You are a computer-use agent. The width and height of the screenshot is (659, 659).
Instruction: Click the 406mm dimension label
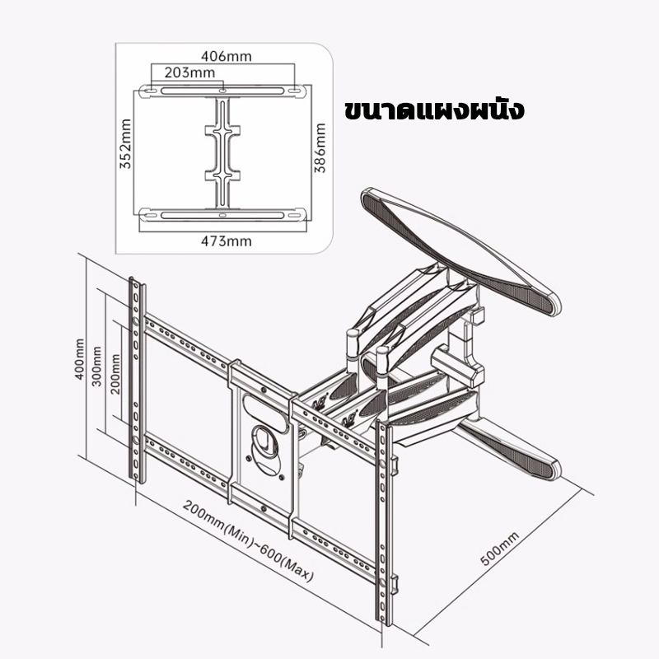(226, 56)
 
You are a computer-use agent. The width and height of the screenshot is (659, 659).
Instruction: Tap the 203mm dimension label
(189, 72)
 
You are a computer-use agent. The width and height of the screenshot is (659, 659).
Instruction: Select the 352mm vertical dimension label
(126, 143)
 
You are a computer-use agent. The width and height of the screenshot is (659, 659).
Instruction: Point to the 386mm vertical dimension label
(320, 148)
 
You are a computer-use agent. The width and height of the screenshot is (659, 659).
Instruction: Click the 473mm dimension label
(226, 241)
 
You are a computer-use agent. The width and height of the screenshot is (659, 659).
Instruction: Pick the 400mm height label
(79, 359)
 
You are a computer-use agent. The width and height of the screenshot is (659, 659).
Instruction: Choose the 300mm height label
(96, 367)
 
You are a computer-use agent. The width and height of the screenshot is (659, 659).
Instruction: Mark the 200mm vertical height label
(115, 374)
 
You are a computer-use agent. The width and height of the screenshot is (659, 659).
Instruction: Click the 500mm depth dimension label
(499, 549)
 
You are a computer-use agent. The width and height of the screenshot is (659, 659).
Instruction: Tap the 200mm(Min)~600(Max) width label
(248, 541)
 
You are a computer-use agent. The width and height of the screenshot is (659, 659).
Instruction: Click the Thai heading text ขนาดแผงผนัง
(434, 110)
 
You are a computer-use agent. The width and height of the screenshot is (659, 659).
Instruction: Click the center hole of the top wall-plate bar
(222, 91)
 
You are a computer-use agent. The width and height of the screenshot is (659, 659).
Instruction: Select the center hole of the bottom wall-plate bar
(222, 215)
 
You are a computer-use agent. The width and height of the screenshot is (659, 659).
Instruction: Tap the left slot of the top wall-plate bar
(149, 91)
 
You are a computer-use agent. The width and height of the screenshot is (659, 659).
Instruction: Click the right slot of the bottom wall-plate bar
(295, 216)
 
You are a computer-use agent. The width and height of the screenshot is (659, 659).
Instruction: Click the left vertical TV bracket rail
(137, 381)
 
